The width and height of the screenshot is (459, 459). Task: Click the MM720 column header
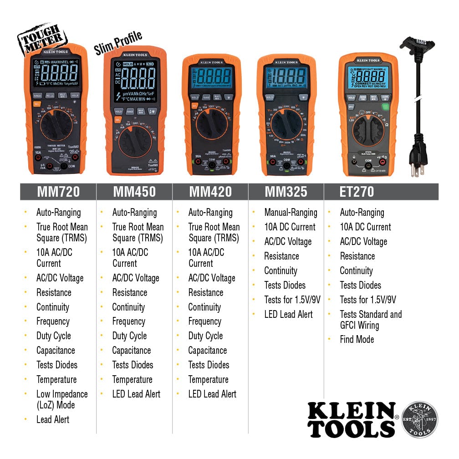point(58,192)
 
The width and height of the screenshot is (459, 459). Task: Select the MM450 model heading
point(134,192)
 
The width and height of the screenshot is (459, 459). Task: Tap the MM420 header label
point(210,192)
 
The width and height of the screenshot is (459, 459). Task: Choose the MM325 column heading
point(286,192)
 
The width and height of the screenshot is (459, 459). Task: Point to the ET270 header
point(357,192)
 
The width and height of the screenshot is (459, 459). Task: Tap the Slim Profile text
point(118,44)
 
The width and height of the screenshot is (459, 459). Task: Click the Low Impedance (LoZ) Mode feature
point(62,399)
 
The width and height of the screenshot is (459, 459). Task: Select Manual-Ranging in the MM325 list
point(291,212)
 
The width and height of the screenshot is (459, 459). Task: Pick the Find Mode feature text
point(357,339)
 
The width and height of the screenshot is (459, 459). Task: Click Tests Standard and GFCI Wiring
point(371,320)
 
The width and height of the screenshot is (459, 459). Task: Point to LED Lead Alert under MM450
point(136,394)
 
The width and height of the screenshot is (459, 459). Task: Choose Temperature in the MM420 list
point(208,379)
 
